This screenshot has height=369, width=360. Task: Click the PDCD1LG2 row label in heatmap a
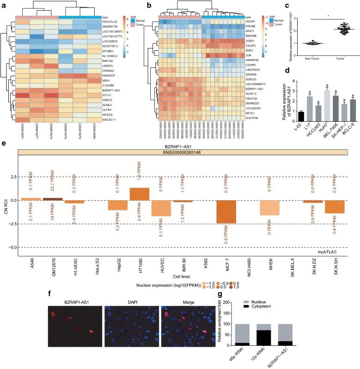coord(116,22)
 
